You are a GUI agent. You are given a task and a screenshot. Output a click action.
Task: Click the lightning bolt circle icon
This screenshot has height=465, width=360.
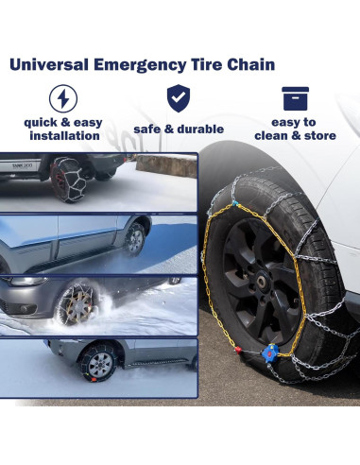(62, 99)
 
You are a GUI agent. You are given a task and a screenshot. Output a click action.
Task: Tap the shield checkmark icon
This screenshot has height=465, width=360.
(178, 97)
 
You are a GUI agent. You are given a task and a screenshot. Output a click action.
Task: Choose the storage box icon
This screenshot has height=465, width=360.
(295, 98)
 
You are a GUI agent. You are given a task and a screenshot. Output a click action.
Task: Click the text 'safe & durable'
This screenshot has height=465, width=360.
(179, 129)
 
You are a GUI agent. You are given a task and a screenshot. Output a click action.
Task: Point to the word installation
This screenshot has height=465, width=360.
(63, 136)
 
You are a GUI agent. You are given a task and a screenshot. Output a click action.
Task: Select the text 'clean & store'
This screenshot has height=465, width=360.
(294, 136)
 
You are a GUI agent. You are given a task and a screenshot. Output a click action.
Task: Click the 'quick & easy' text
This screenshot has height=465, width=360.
(63, 122)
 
